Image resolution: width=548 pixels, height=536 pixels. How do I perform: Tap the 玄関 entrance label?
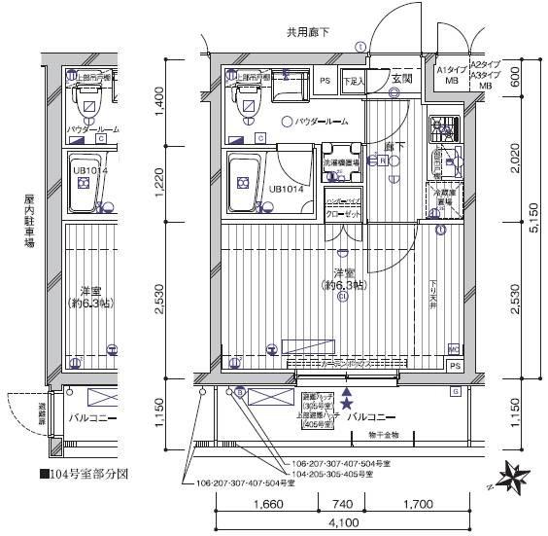403,79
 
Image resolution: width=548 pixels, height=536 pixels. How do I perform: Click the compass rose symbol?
514,478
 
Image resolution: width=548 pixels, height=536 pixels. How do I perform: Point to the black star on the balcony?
347,403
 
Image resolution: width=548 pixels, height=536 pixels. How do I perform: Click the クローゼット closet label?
343,211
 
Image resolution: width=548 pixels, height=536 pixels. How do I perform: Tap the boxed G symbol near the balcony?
454,391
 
